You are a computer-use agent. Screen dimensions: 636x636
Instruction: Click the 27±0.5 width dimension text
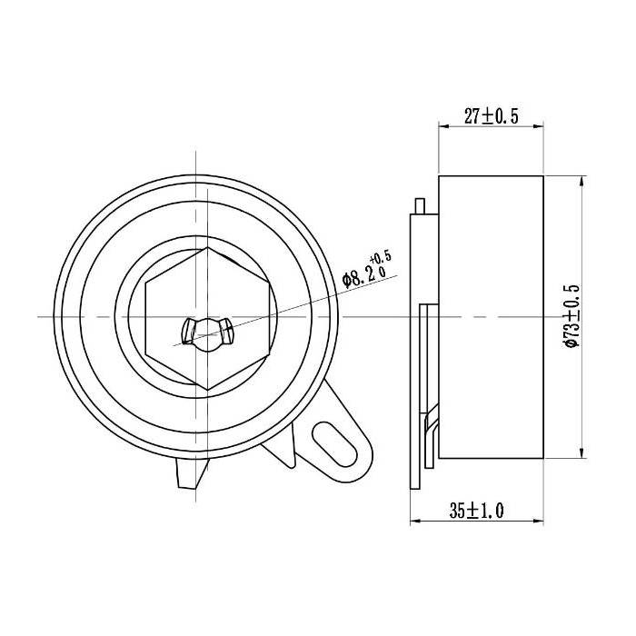[x=491, y=116]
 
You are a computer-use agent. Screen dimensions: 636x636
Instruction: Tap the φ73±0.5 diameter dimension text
[x=571, y=315]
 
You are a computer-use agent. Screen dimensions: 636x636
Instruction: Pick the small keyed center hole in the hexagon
[x=207, y=330]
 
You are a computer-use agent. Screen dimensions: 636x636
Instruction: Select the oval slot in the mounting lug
[x=334, y=442]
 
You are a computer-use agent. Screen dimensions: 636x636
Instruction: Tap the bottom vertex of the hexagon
[x=209, y=389]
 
